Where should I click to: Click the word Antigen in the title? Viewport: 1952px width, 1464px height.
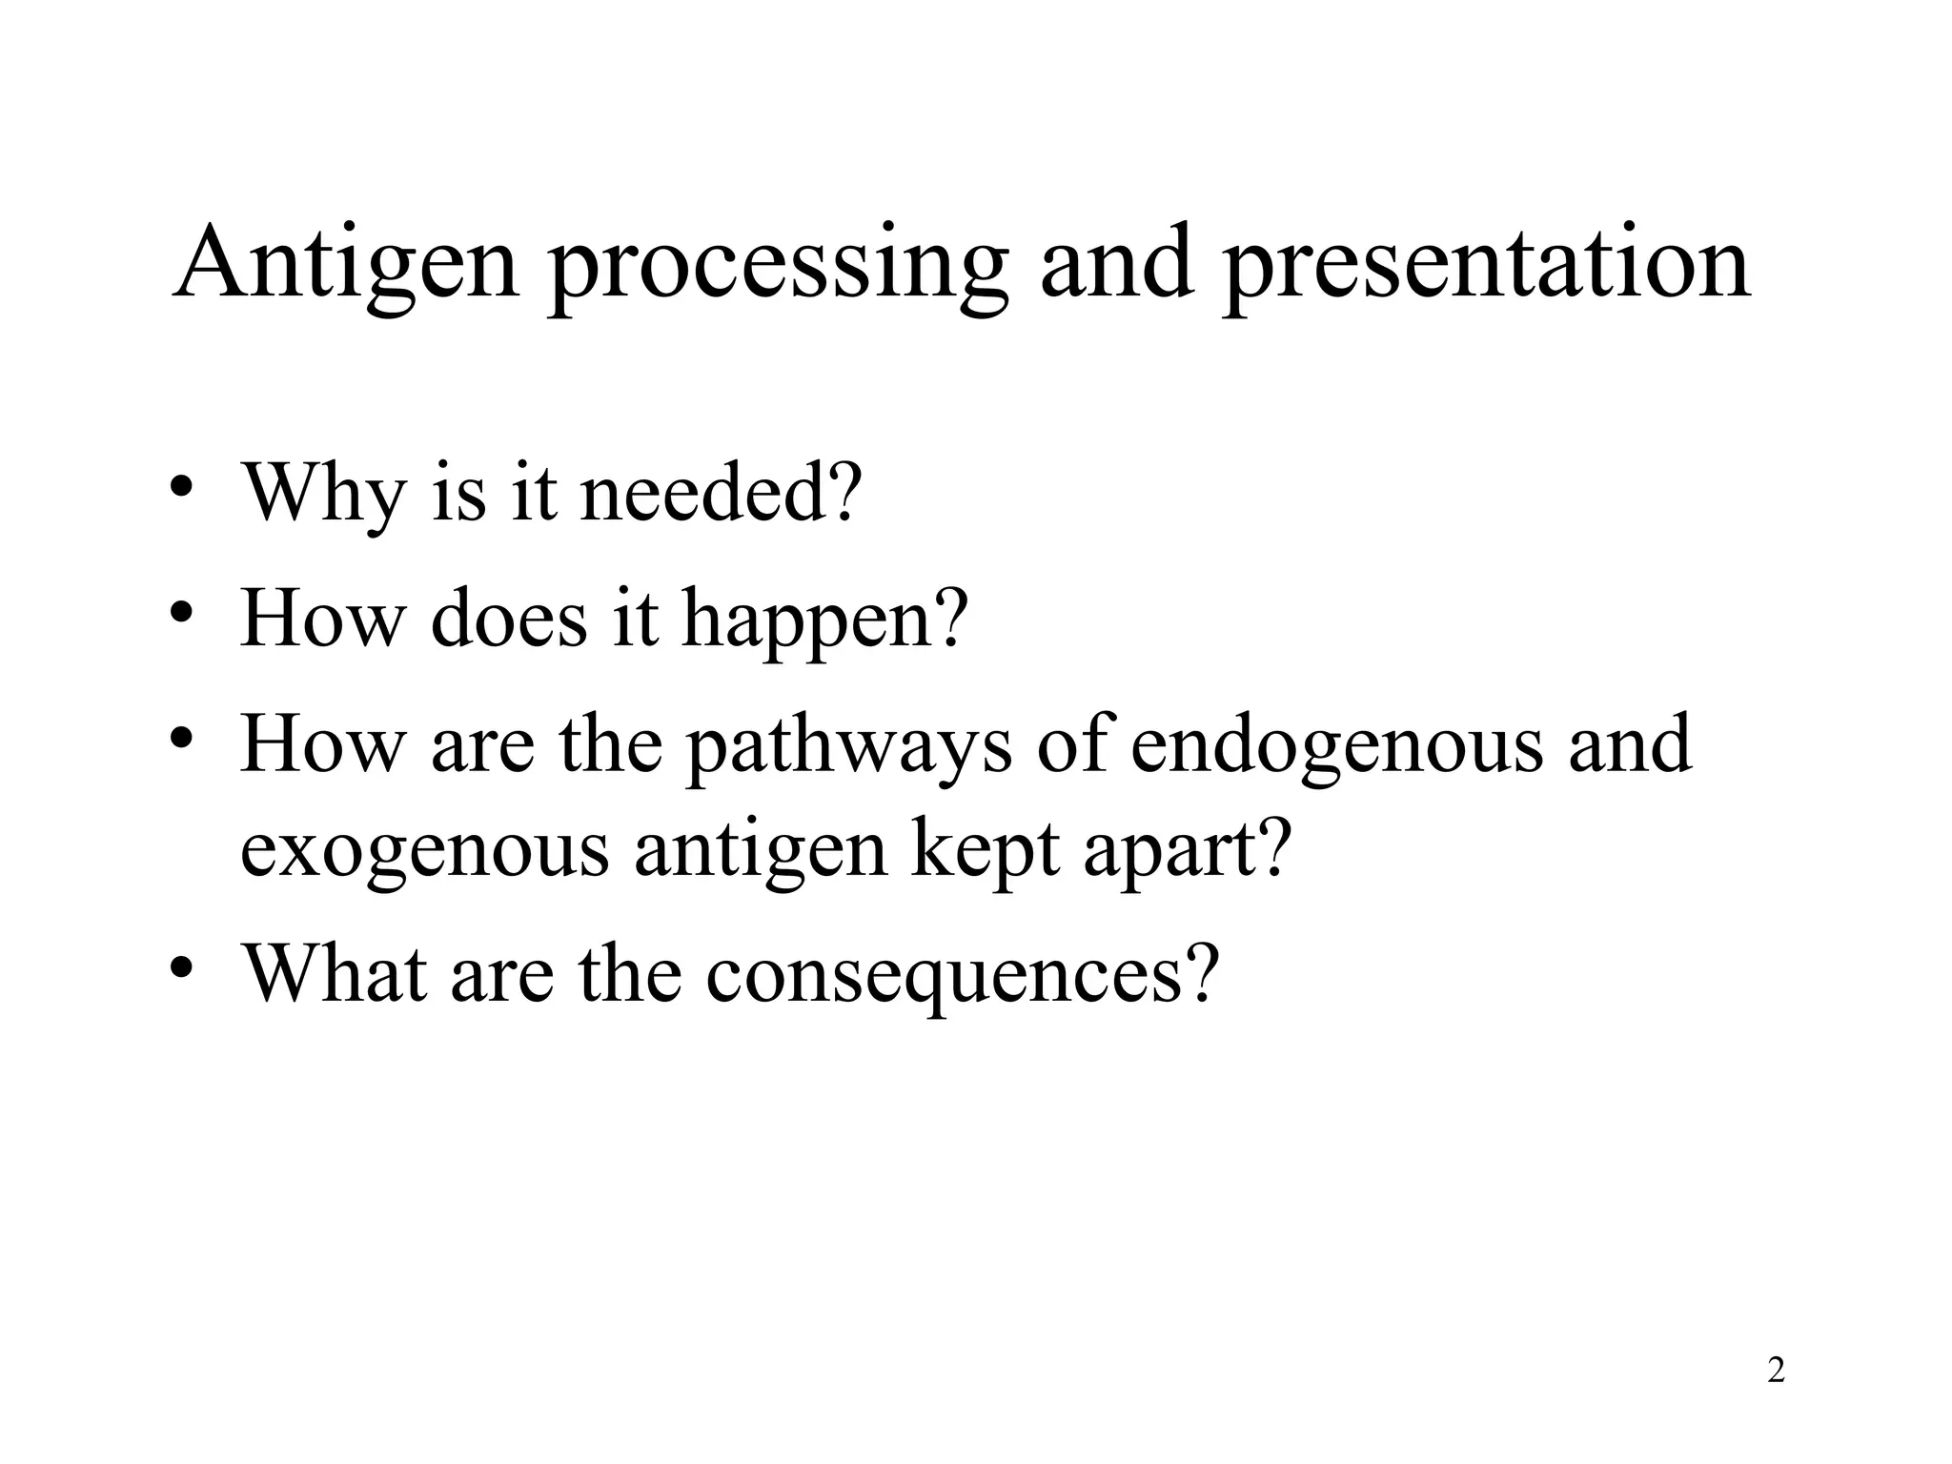coord(345,262)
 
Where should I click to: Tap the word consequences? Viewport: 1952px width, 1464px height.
coord(963,975)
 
